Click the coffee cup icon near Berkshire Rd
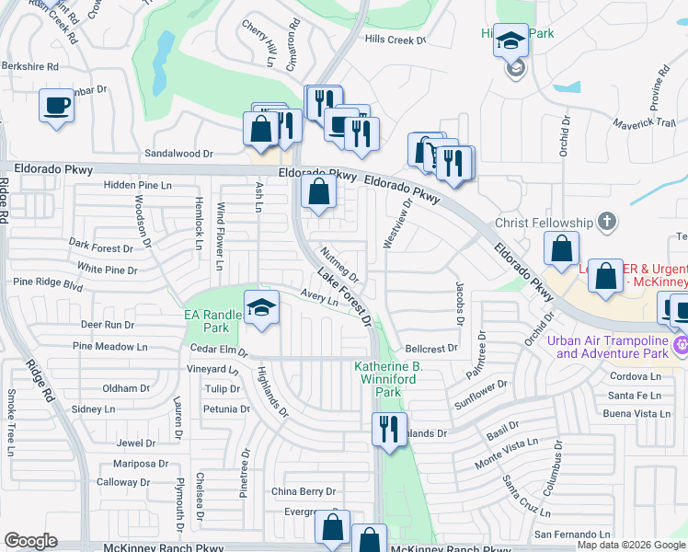point(56,104)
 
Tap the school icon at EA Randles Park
point(261,308)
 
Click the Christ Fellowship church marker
point(605,221)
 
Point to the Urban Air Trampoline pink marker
point(681,347)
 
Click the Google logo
point(30,541)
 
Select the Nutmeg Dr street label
point(339,264)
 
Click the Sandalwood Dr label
point(178,154)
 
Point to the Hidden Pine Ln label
point(138,185)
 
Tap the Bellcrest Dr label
point(430,349)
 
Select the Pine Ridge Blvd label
point(48,284)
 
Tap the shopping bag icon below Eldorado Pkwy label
point(318,193)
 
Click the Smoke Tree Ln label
point(10,422)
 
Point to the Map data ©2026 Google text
point(632,545)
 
